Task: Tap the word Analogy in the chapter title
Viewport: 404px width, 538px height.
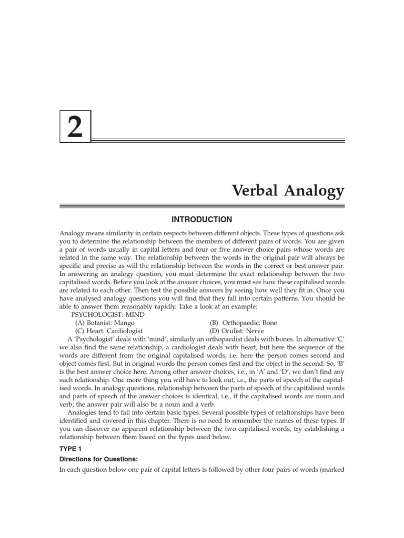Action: click(315, 192)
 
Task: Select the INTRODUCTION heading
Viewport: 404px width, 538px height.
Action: click(202, 219)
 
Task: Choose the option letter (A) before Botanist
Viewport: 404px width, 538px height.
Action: click(80, 322)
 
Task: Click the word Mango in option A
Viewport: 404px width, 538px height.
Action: click(124, 322)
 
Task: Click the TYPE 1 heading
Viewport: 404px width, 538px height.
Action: click(72, 450)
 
